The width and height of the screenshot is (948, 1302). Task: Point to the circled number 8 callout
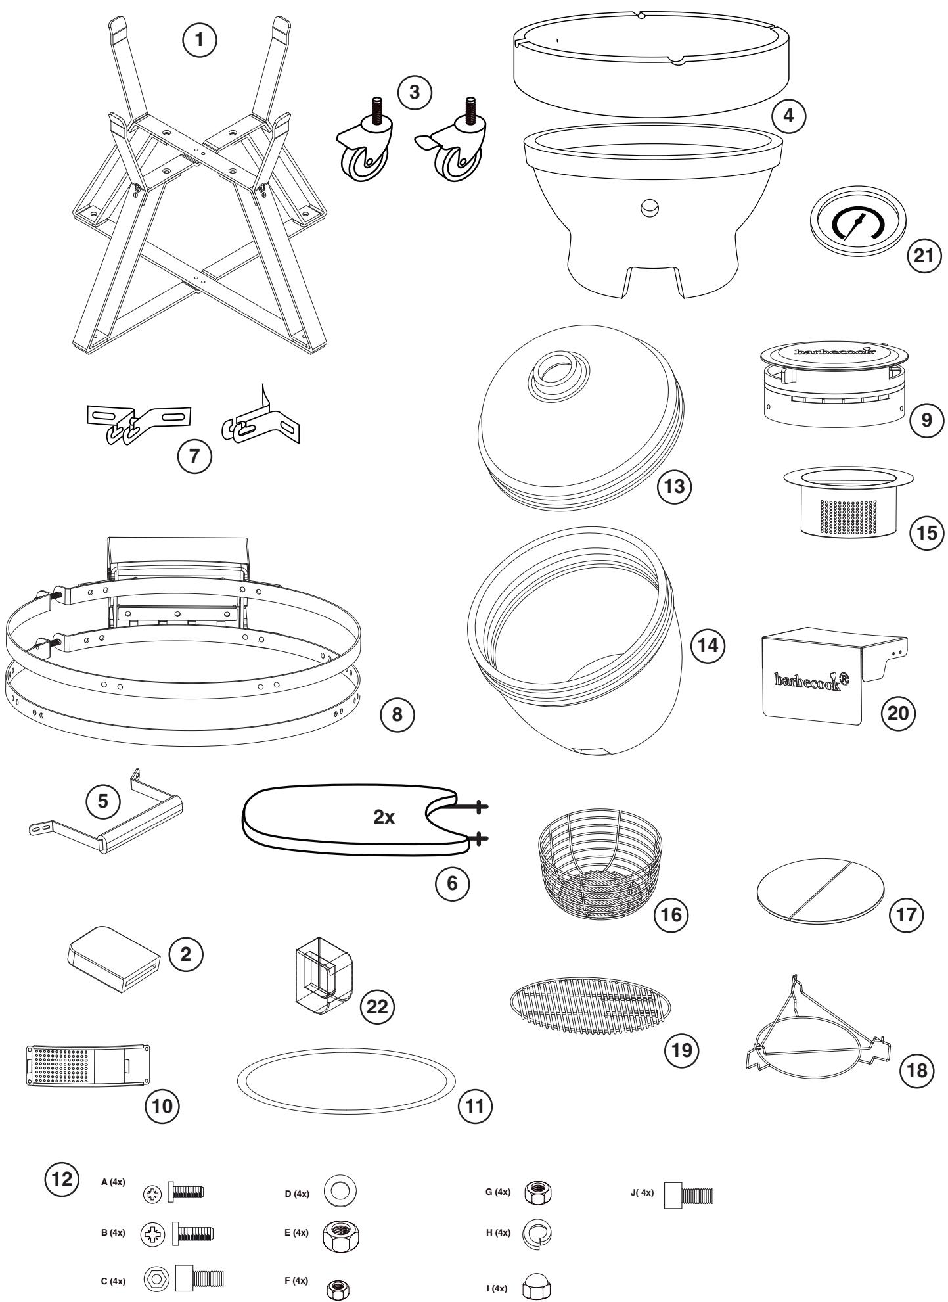point(397,714)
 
